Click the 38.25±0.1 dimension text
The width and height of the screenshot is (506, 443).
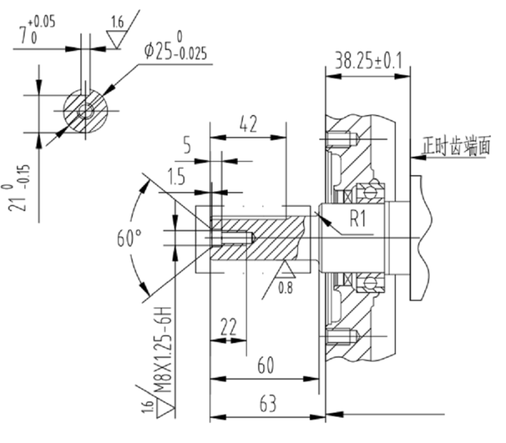click(x=366, y=60)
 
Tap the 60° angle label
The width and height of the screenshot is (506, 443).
click(x=129, y=238)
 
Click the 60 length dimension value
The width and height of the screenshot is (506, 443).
click(x=266, y=365)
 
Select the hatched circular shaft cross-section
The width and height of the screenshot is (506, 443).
click(x=85, y=111)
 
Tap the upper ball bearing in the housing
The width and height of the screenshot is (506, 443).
click(x=368, y=191)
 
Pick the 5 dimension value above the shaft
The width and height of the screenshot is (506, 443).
click(x=187, y=147)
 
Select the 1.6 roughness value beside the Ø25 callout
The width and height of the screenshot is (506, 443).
click(x=117, y=23)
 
